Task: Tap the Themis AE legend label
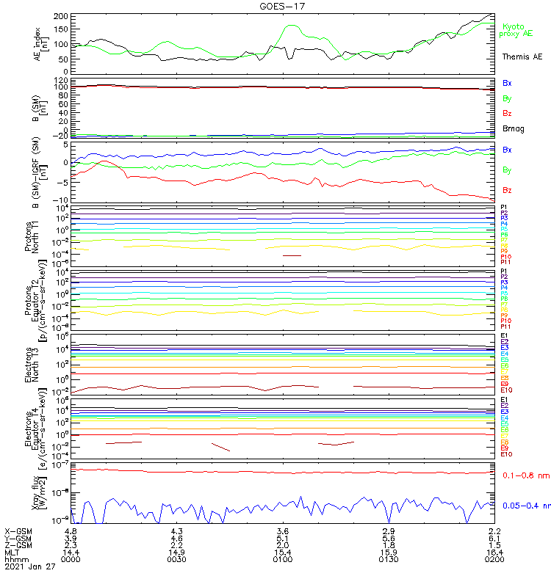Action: pyautogui.click(x=522, y=56)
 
